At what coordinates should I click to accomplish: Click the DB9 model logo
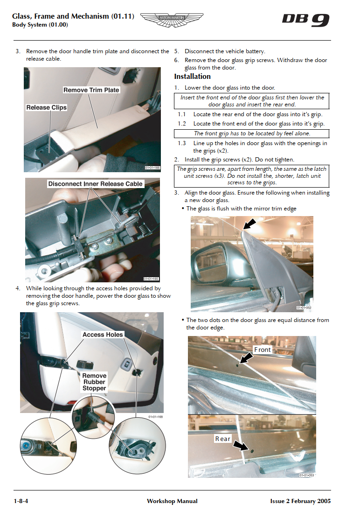(x=305, y=20)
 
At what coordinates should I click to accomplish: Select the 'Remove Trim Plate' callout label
(x=91, y=90)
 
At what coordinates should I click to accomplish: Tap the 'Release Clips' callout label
(x=46, y=107)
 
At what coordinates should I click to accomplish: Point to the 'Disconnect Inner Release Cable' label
(x=95, y=184)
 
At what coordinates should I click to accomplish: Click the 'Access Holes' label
(x=103, y=335)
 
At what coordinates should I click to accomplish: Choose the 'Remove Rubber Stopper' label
(x=94, y=382)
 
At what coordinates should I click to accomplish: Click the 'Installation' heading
(x=192, y=77)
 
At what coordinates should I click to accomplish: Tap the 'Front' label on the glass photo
(x=262, y=350)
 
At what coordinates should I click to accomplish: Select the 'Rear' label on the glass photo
(x=222, y=439)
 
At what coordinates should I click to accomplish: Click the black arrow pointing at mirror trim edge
(x=249, y=224)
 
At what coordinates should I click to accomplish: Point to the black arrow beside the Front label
(x=246, y=358)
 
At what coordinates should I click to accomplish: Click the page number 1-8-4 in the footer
(x=21, y=501)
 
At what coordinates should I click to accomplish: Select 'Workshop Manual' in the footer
(x=172, y=501)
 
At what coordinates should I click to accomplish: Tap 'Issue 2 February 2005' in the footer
(x=300, y=501)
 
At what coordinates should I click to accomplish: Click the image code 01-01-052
(x=304, y=308)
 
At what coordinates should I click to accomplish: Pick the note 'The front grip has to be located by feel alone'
(x=252, y=133)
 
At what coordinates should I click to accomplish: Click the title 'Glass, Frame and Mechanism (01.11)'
(x=73, y=16)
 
